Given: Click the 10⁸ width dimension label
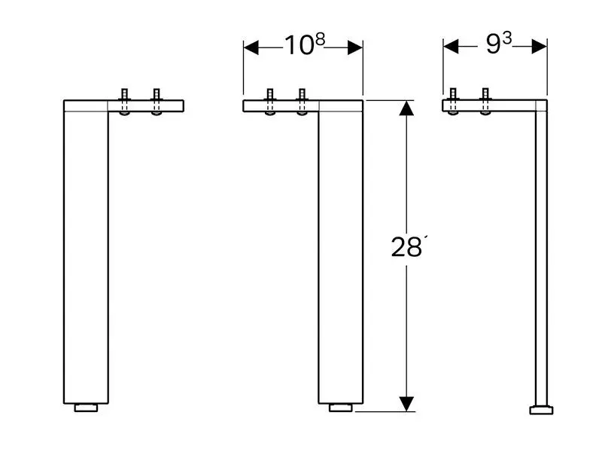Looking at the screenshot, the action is coord(305,44).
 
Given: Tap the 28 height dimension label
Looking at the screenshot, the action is coord(407,246).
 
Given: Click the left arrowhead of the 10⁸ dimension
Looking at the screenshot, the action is coord(251,47).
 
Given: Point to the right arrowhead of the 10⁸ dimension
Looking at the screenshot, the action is coord(355,47).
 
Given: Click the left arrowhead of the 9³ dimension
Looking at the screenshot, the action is coord(451,47).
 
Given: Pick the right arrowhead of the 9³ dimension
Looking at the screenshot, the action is coord(540,47).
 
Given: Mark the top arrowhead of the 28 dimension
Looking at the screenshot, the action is coord(406,108).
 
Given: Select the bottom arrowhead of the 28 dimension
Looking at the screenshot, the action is coord(406,404).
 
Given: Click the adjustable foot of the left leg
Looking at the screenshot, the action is coord(86,408).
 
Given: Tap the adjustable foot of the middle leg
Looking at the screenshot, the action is coord(341,408).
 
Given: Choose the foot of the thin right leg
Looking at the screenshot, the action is coord(541,410).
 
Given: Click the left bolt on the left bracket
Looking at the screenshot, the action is coord(124,102).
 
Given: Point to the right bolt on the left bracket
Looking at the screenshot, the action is coord(157,102).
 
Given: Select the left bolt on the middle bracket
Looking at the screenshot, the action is coord(270,102).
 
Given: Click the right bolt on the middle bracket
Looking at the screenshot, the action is coord(303,102).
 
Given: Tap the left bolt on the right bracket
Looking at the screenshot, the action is coord(453,102).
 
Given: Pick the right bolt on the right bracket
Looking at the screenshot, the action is coord(485,102).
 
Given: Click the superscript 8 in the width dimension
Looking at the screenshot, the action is coord(321,39).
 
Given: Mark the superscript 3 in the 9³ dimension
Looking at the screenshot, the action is coord(507,38).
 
